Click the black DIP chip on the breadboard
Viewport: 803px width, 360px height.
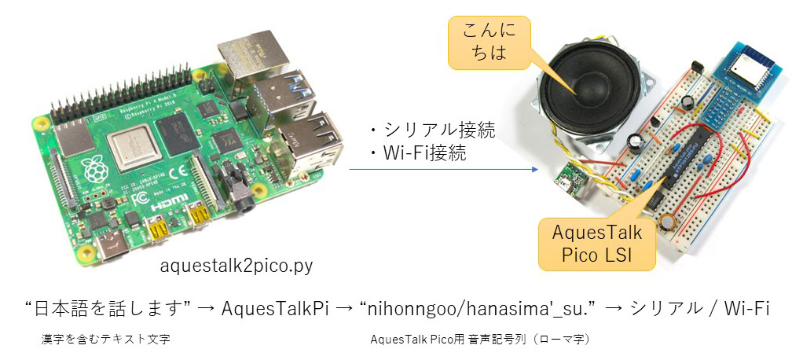pos(688,161)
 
